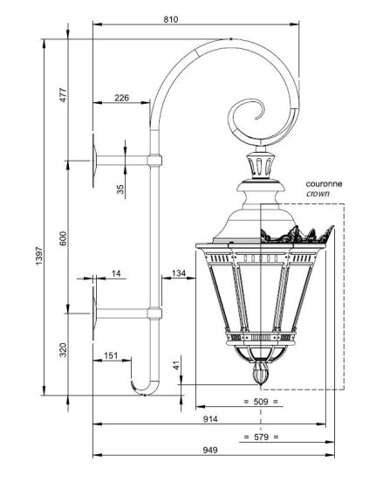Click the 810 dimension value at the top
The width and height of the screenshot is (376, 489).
click(x=171, y=19)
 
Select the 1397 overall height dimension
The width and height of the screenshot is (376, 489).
click(x=39, y=256)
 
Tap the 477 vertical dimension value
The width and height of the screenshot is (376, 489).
click(x=63, y=95)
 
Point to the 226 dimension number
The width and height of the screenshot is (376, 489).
click(x=121, y=98)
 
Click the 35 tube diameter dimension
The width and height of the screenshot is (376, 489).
click(x=120, y=189)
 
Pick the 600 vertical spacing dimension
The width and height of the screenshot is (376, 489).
click(x=63, y=238)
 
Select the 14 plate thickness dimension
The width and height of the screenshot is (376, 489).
click(x=116, y=273)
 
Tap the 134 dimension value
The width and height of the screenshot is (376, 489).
click(x=179, y=273)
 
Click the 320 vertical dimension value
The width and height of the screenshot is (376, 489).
click(x=63, y=350)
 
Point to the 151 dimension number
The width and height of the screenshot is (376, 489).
click(x=111, y=355)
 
